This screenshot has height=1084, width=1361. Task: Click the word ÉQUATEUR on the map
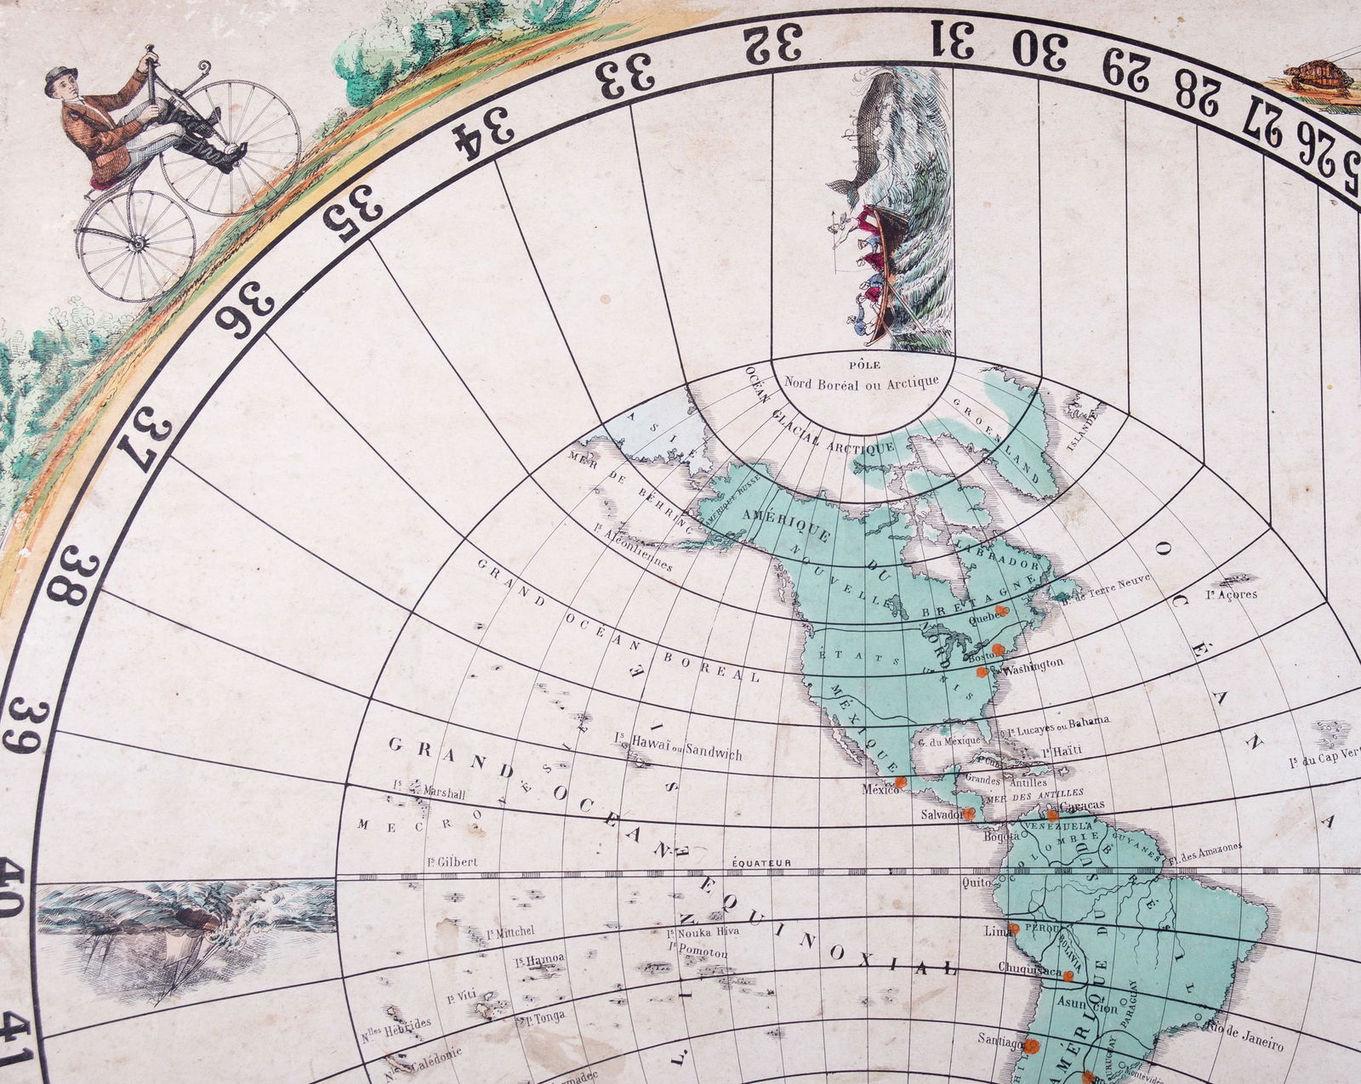(x=762, y=863)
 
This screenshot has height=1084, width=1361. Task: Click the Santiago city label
(x=1001, y=1038)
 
